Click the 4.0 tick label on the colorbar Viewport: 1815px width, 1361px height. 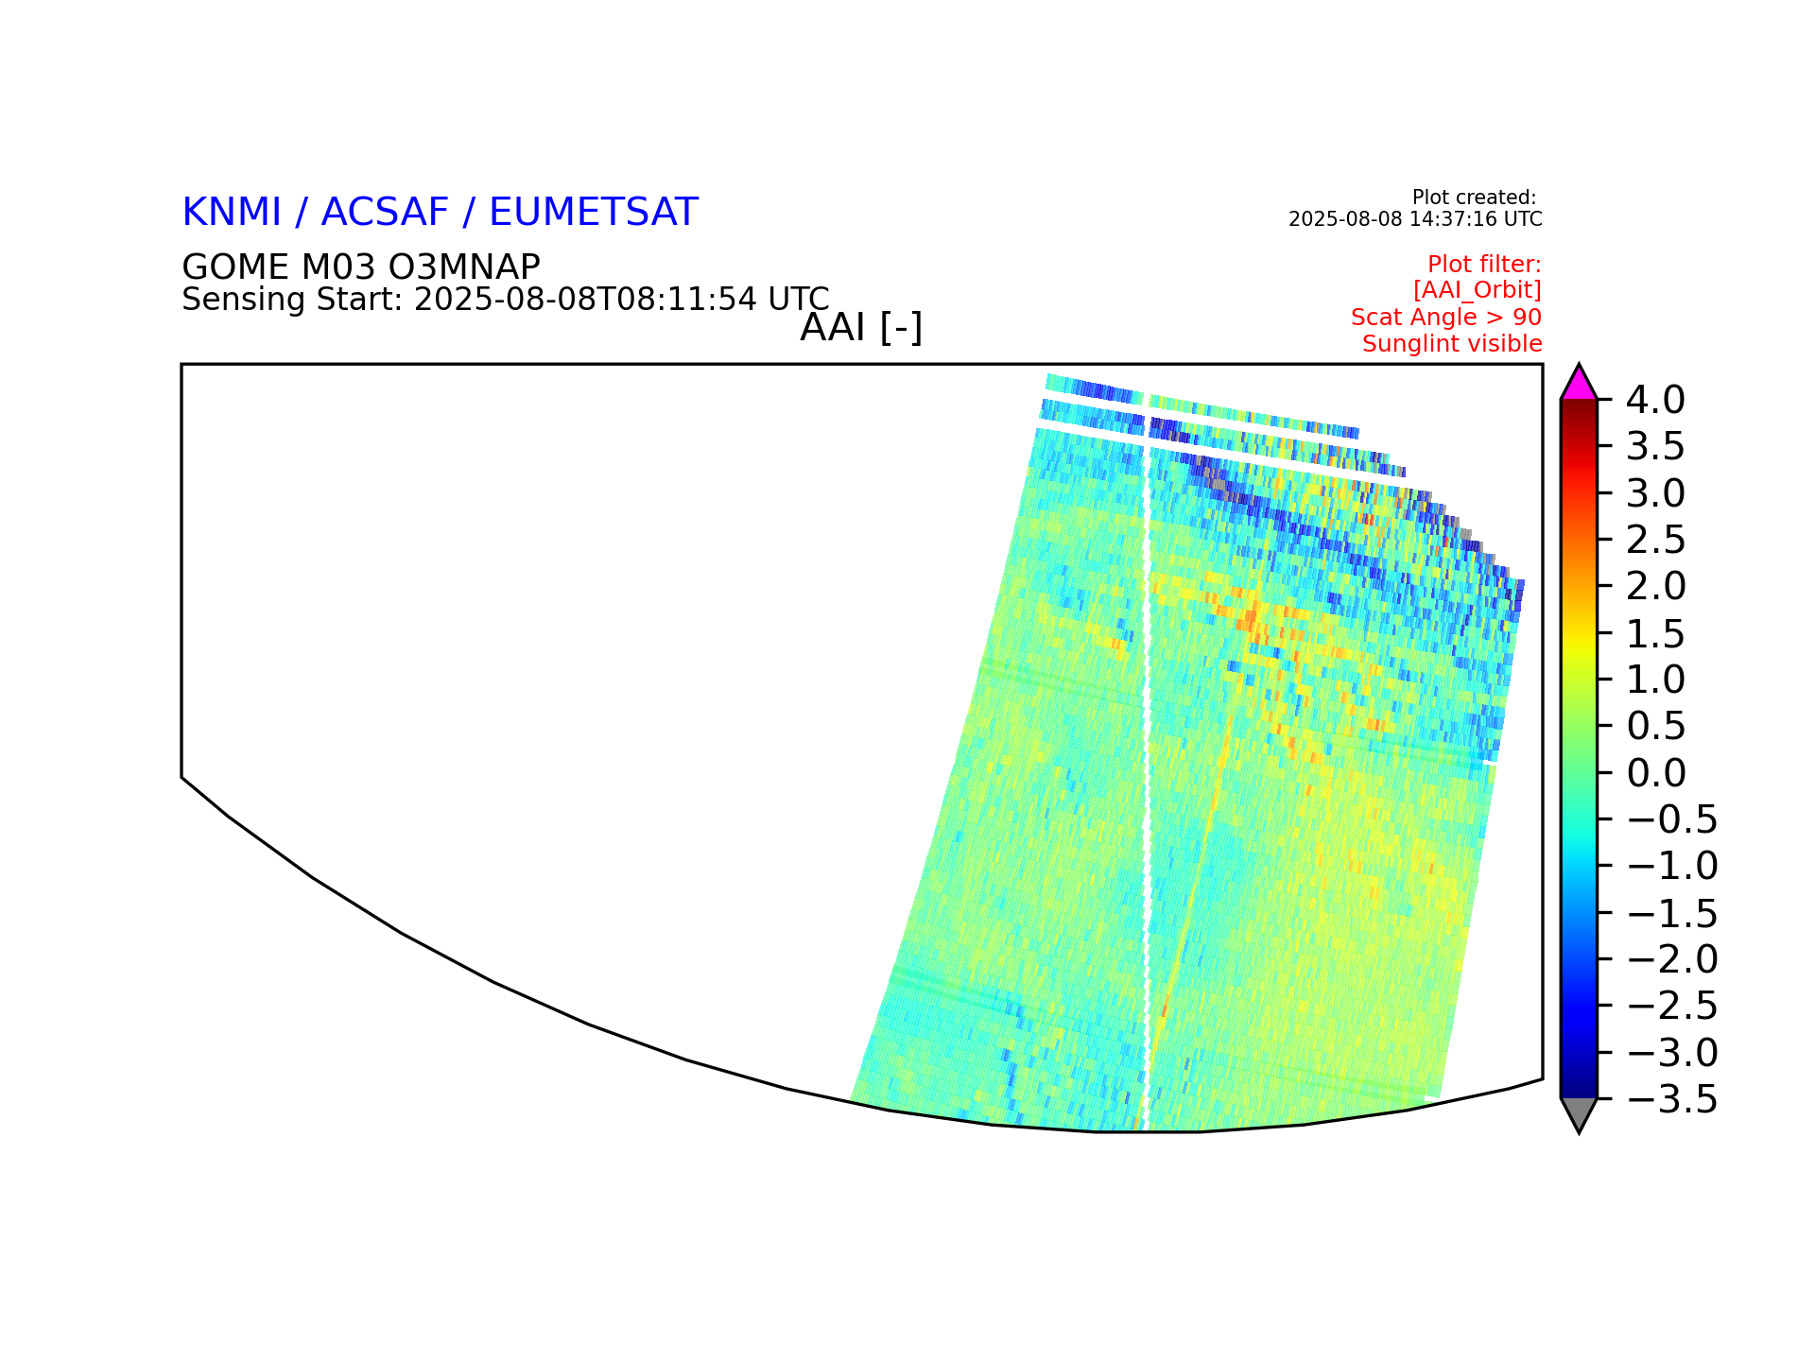click(x=1654, y=400)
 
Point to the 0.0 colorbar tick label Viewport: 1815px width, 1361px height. click(x=1656, y=773)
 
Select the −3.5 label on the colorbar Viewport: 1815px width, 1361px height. click(x=1671, y=1100)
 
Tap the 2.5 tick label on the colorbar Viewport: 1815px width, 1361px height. click(x=1656, y=540)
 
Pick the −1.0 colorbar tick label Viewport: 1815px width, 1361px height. click(x=1671, y=866)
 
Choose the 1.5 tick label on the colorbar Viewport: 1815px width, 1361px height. click(x=1656, y=633)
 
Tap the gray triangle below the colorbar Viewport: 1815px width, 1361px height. click(x=1579, y=1112)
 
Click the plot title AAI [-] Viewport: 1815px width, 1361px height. click(x=861, y=328)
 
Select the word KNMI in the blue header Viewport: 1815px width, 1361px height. click(x=232, y=212)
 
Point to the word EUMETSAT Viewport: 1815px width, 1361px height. click(x=593, y=212)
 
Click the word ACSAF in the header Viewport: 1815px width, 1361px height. click(x=385, y=212)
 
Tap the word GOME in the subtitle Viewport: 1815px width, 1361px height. click(x=236, y=267)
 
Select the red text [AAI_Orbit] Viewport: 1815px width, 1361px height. click(x=1478, y=290)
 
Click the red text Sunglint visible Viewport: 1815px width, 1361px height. click(x=1452, y=344)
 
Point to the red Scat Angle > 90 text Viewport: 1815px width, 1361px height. click(x=1446, y=318)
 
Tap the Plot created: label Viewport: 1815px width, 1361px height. click(x=1474, y=198)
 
